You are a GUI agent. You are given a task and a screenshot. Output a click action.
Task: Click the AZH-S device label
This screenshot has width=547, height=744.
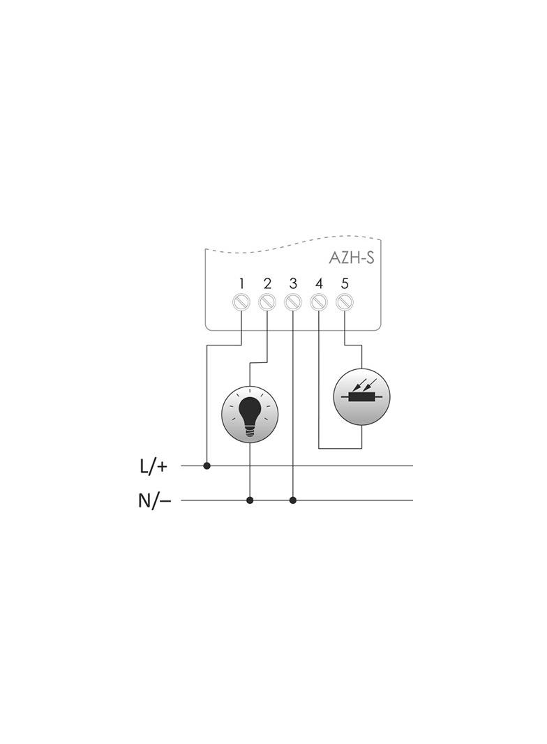[352, 258]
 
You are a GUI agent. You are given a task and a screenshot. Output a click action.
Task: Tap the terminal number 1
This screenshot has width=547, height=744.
[241, 284]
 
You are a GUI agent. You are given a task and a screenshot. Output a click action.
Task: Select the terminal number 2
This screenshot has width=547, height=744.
[267, 284]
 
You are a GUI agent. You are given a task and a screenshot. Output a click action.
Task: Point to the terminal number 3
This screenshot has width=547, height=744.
[293, 284]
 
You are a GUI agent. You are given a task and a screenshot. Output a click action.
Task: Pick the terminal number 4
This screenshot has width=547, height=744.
[319, 284]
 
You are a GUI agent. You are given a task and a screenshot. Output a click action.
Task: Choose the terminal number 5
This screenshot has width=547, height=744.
[345, 284]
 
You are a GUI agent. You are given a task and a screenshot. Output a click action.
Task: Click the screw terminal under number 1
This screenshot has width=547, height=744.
[241, 303]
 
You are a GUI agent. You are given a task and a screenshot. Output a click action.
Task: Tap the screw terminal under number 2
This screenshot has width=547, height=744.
[267, 303]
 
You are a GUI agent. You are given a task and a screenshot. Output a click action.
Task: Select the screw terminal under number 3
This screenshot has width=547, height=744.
[293, 303]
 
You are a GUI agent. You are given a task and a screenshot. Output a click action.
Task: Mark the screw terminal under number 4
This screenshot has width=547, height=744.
[319, 303]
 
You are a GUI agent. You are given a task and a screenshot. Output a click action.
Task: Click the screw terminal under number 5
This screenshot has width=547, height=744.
[345, 303]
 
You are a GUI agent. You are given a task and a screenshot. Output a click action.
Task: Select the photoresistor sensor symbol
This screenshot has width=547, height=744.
[361, 396]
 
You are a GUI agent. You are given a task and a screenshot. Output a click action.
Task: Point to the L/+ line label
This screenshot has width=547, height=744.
[154, 466]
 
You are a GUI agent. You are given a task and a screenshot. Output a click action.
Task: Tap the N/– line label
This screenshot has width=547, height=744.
[154, 500]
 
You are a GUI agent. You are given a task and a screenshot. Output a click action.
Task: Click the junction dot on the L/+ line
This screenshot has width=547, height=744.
[207, 465]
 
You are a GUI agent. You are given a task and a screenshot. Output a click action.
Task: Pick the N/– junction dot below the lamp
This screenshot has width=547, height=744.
[250, 500]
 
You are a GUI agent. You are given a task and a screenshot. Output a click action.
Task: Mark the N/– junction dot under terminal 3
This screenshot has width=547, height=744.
[293, 500]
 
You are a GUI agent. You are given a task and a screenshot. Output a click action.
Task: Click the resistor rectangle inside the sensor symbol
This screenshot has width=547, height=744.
[361, 399]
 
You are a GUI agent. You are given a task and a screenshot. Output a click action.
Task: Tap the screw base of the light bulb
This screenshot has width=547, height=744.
[250, 432]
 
